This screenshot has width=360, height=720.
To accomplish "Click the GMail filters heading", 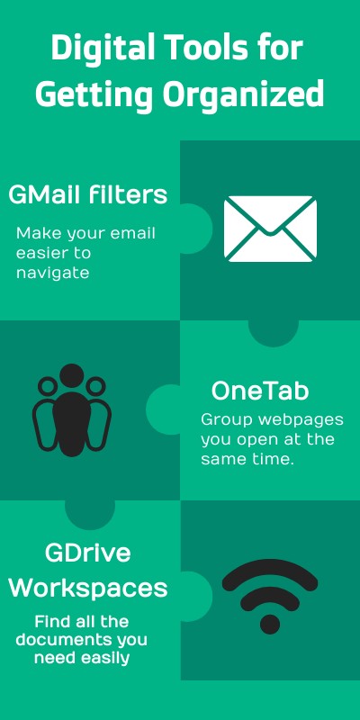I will [88, 194].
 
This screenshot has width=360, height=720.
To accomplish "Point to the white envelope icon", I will [269, 229].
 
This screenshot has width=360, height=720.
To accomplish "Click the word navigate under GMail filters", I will [52, 273].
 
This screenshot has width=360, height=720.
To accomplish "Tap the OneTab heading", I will [260, 391].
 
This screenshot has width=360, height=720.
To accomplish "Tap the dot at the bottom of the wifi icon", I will [269, 623].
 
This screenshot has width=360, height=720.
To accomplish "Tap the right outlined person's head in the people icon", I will [95, 388].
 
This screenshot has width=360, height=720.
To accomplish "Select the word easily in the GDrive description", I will [112, 658].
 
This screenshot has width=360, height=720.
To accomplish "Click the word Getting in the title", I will [89, 93].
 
